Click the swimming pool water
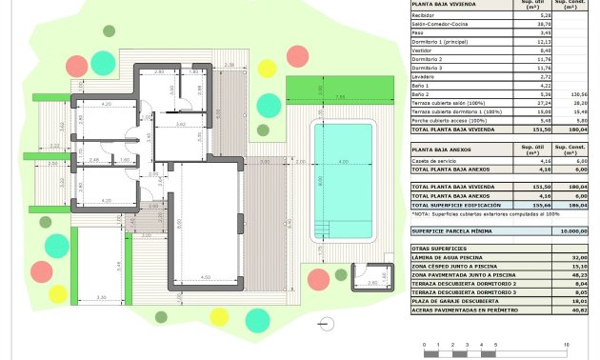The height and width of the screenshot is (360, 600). click(x=344, y=180)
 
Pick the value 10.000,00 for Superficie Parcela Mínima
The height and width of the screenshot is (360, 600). click(x=571, y=230)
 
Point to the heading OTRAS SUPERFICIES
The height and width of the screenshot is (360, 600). click(x=438, y=247)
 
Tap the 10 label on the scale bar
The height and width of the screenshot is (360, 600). click(x=568, y=344)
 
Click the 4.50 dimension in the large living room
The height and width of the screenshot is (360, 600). click(x=205, y=278)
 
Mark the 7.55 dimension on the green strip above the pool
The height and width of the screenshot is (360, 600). click(x=339, y=97)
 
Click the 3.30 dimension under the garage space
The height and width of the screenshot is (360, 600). click(x=102, y=298)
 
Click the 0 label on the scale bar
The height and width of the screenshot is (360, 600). click(x=431, y=344)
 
